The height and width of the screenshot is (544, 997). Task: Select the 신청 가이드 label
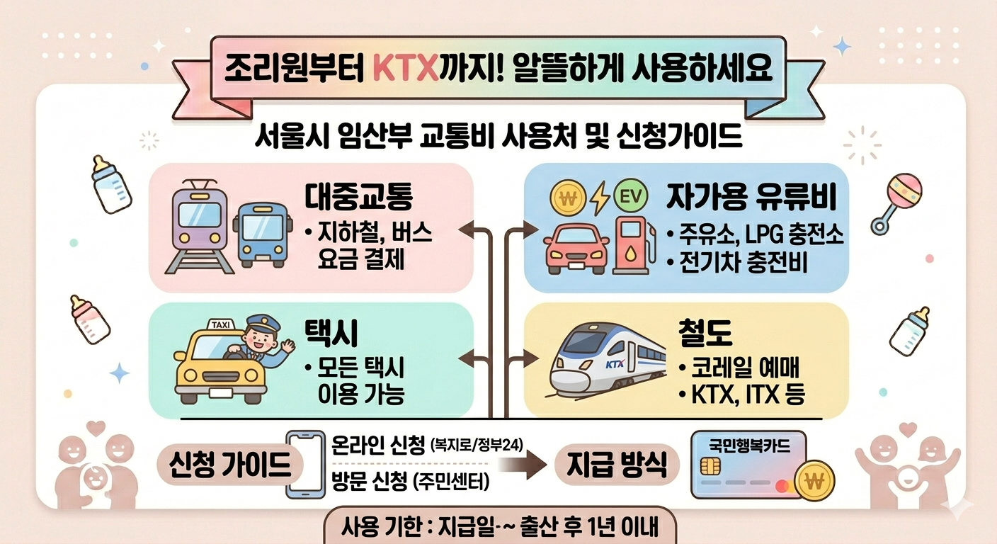(x=231, y=465)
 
